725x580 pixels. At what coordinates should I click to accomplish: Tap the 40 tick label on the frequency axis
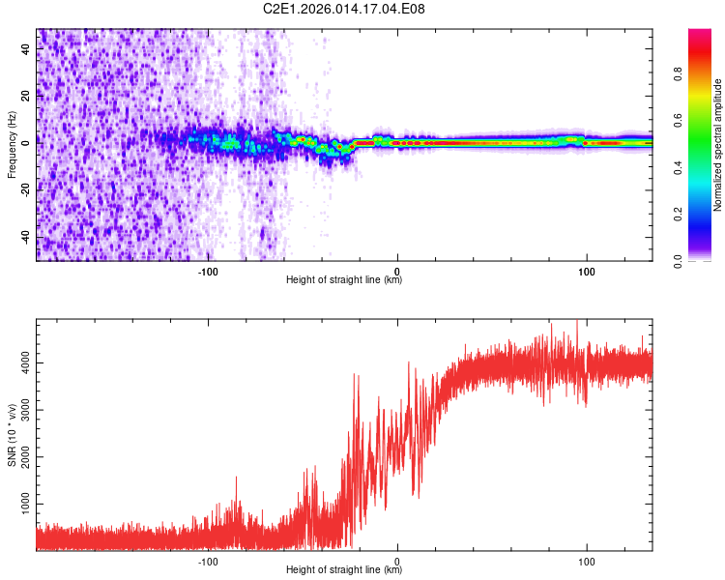(x=27, y=47)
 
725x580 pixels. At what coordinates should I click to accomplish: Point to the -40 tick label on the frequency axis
(x=27, y=237)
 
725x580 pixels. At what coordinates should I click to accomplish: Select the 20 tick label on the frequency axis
(x=27, y=95)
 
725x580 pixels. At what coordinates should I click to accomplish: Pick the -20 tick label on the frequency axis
(x=27, y=189)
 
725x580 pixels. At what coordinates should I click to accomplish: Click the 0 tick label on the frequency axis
(x=27, y=142)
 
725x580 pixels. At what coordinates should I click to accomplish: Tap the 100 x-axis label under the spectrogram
(x=586, y=271)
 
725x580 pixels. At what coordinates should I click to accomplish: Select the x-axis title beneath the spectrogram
(x=344, y=280)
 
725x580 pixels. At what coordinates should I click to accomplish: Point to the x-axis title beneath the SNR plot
(x=344, y=570)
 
